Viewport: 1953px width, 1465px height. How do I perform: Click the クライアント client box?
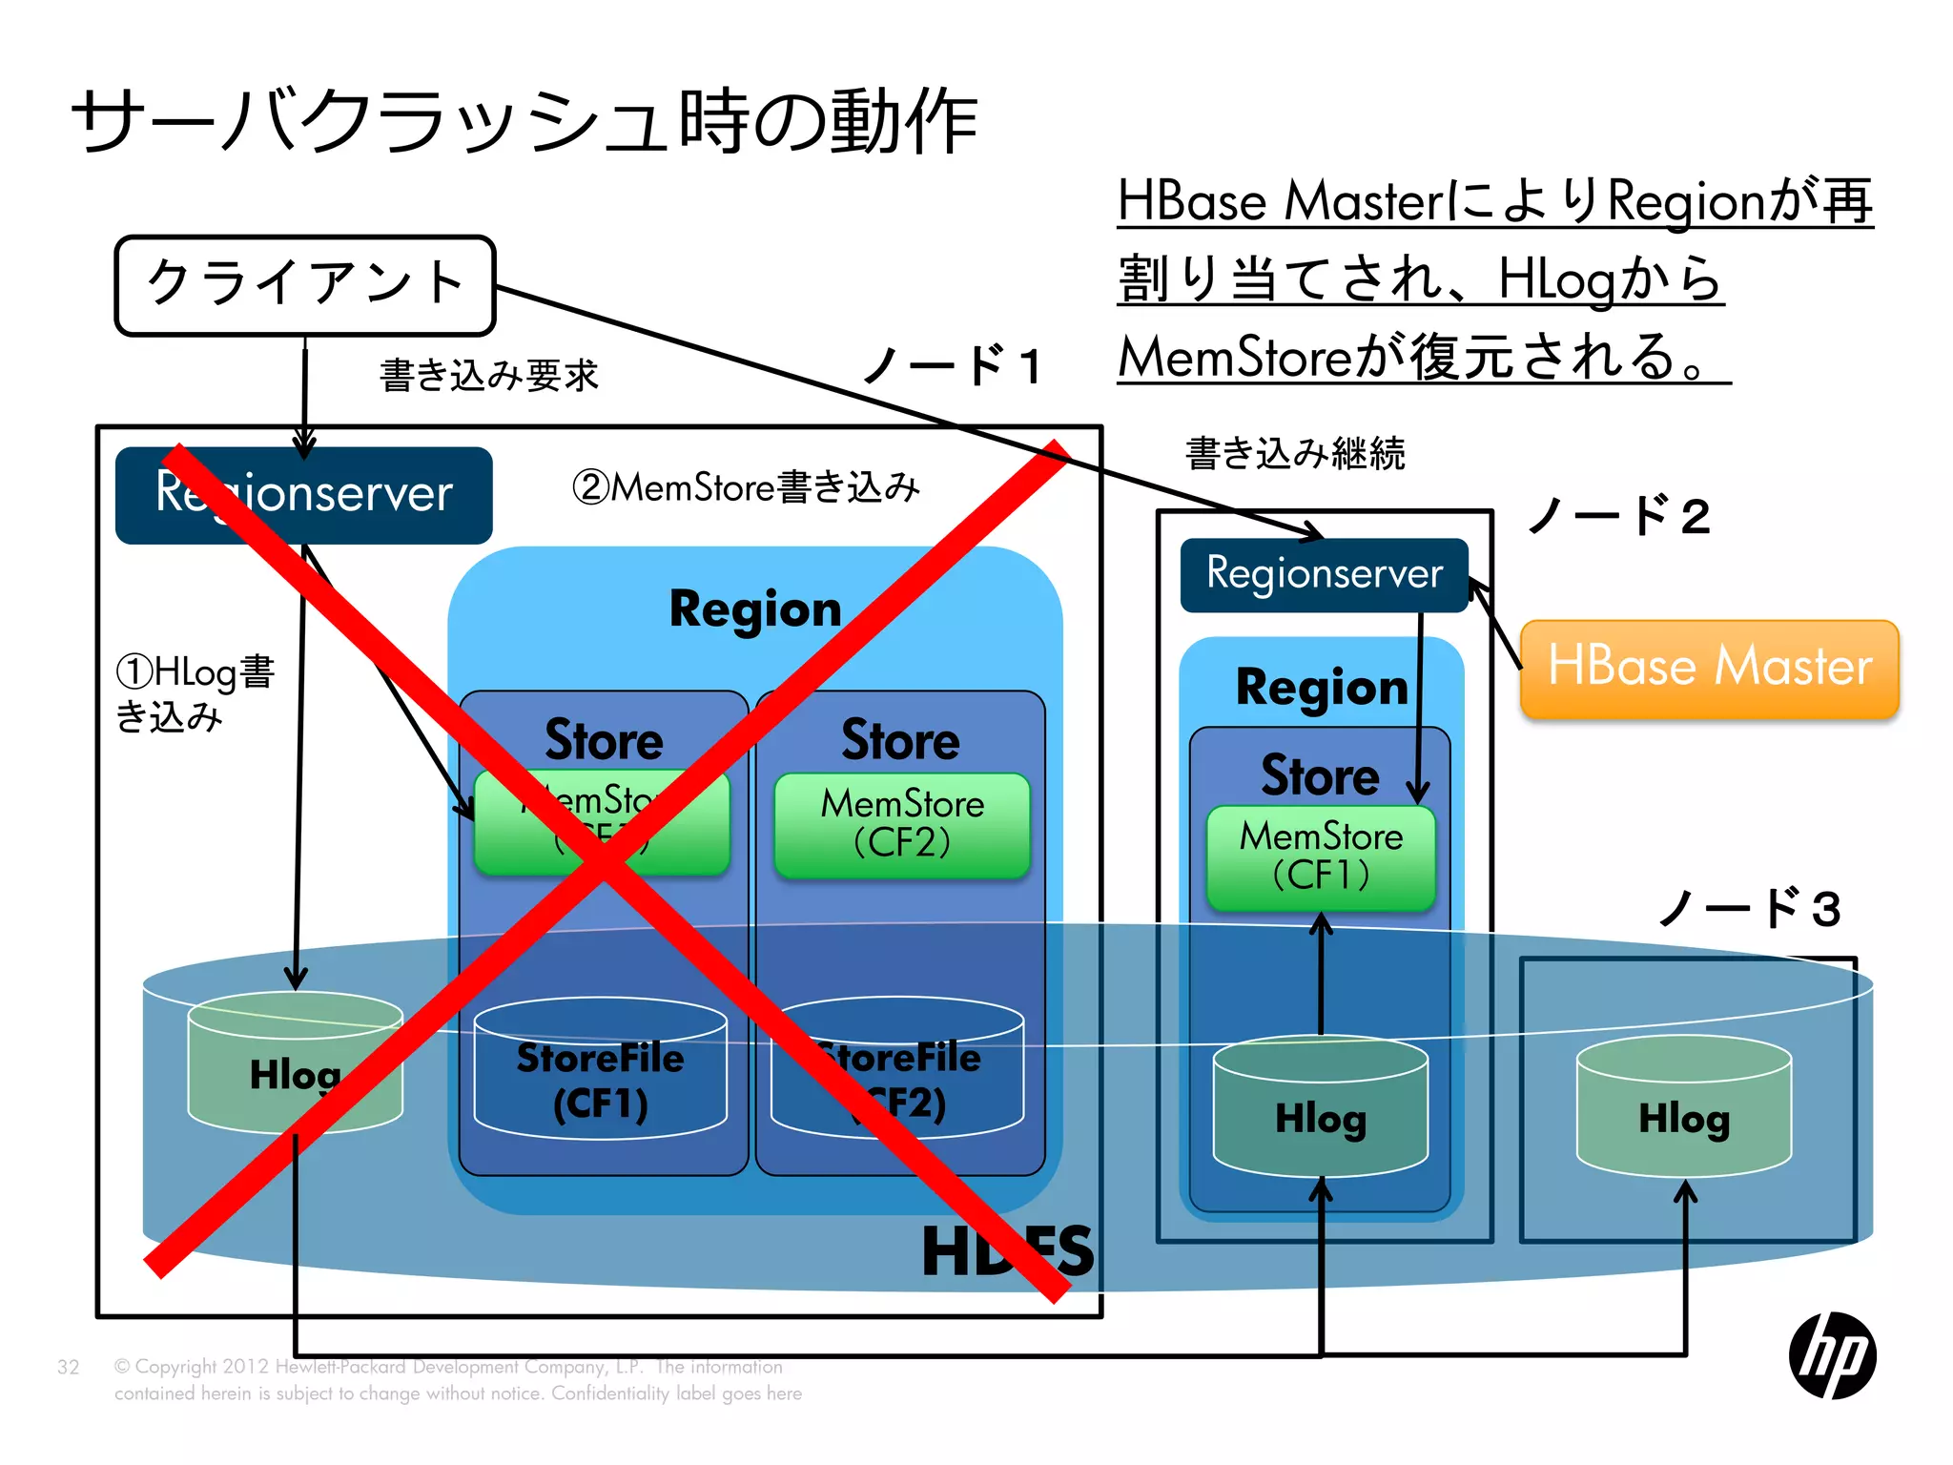(305, 285)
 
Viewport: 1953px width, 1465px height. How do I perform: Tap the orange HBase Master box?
(1709, 668)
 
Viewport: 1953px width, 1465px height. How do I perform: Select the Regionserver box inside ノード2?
(1324, 575)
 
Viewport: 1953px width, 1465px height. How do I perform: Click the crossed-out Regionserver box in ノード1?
(303, 495)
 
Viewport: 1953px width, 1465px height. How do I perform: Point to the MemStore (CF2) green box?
(902, 825)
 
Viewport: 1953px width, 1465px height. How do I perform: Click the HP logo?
(1832, 1355)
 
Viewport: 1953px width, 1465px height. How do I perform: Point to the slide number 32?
(69, 1367)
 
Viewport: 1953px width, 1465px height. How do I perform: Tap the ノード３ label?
(1750, 908)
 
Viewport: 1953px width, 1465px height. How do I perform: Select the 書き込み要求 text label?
(489, 375)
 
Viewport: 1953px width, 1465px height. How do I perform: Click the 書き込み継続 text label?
(1295, 453)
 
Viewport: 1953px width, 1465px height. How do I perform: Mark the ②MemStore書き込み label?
(746, 487)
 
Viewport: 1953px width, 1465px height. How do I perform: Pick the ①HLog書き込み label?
(195, 693)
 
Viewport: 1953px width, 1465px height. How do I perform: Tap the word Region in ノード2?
(1321, 688)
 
